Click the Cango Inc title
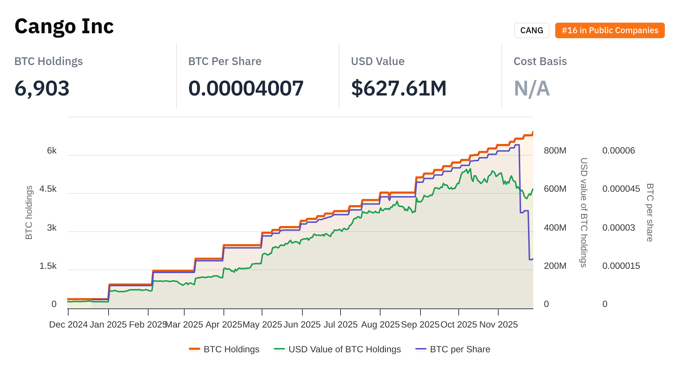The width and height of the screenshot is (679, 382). pos(64,26)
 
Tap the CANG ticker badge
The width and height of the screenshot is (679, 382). pos(532,30)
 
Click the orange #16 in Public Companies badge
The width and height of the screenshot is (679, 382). pos(610,30)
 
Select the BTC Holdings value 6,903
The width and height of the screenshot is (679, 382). pos(42,88)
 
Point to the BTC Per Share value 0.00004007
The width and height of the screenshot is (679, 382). pos(246,88)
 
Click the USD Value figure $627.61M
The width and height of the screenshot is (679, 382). pos(399,88)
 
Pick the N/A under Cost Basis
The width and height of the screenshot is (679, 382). pos(532,88)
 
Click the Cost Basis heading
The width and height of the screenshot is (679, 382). pos(540,61)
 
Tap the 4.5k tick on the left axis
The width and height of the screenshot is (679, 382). pos(48,189)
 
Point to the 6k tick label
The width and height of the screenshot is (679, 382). pos(52,151)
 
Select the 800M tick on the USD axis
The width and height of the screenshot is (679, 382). pos(555,151)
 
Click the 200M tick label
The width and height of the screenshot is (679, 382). pos(555,266)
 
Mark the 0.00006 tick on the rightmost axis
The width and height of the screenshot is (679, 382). pos(619,151)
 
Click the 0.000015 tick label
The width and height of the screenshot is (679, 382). pos(621,266)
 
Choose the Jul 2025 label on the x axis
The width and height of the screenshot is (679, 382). pos(341,325)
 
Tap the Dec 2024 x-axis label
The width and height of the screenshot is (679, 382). pos(68,325)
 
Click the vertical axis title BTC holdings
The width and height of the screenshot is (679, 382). pos(29,213)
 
